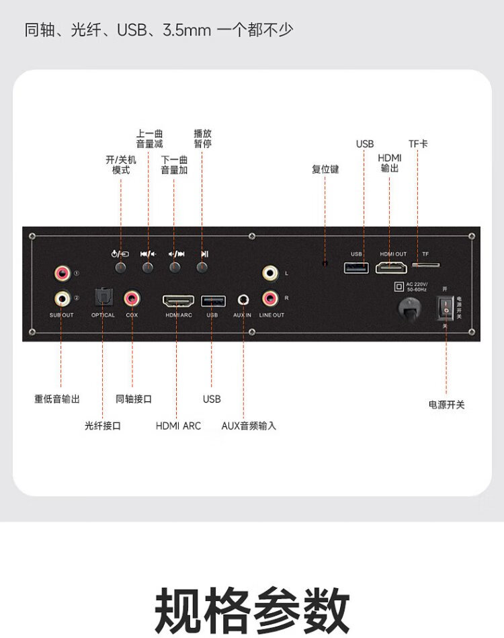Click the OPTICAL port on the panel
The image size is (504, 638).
[x=103, y=296]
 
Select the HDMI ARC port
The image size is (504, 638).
[x=178, y=300]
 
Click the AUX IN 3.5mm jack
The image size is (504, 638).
[x=243, y=298]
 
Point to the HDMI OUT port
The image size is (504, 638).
[x=393, y=267]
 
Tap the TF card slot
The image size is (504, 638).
[x=425, y=265]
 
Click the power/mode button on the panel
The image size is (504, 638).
[x=121, y=267]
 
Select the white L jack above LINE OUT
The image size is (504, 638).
[x=271, y=273]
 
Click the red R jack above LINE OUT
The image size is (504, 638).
[x=271, y=296]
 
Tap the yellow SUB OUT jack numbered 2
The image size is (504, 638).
[x=62, y=296]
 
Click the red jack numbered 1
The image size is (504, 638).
[x=62, y=273]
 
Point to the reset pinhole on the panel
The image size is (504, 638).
[x=326, y=264]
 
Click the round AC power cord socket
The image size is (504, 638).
[x=408, y=308]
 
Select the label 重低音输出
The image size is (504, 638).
[x=57, y=399]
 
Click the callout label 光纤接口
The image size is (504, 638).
[x=103, y=426]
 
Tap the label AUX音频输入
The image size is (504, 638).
[x=249, y=426]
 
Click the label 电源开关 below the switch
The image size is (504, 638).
[x=446, y=405]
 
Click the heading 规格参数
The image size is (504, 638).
[x=252, y=610]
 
